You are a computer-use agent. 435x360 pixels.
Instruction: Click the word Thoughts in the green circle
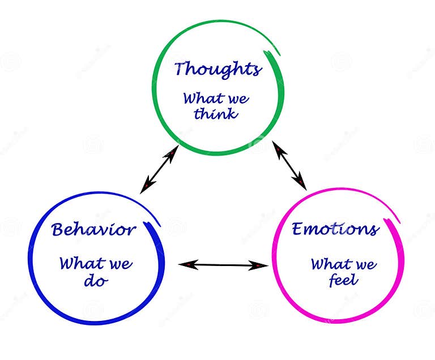(217, 69)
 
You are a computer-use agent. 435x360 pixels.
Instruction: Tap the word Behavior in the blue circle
(93, 230)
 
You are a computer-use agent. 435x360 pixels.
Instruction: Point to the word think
(216, 113)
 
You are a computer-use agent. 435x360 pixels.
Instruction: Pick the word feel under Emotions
(343, 280)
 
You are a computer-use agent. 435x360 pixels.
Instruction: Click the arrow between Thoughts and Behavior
(160, 169)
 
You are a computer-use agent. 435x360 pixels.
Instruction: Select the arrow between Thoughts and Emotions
(289, 165)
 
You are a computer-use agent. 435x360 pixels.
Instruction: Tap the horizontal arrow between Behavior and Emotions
(223, 264)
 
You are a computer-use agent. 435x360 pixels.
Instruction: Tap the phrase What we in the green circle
(215, 99)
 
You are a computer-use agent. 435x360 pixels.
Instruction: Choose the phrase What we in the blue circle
(96, 264)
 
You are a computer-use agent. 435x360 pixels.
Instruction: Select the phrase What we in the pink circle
(343, 264)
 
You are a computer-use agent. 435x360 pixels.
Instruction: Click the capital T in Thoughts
(181, 69)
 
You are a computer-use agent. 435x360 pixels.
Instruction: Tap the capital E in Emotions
(298, 229)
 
